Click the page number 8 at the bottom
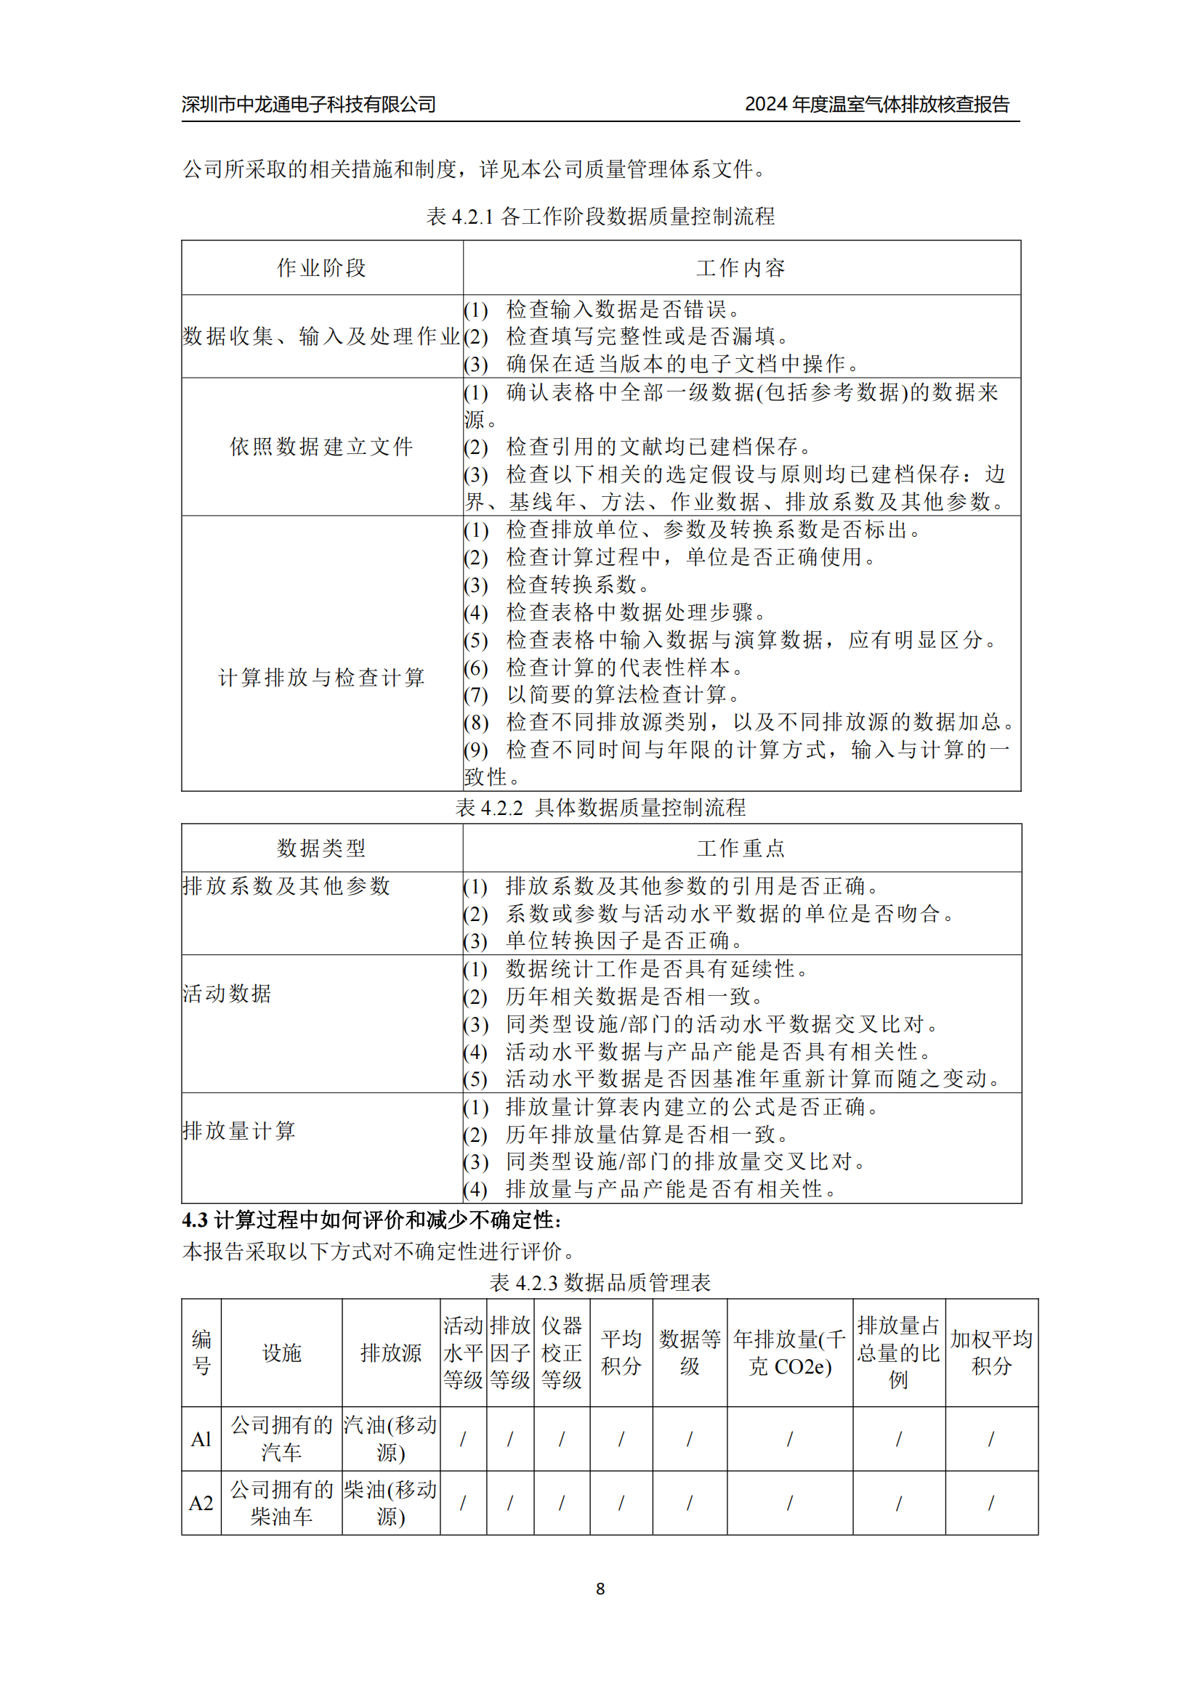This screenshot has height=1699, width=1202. [x=600, y=1589]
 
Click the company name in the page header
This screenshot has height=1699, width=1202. [x=309, y=105]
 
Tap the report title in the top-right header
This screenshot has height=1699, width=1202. [x=877, y=105]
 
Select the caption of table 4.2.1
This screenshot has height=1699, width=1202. [x=600, y=216]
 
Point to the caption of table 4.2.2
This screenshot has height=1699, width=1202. [x=600, y=807]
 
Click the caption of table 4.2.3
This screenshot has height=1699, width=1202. [x=600, y=1282]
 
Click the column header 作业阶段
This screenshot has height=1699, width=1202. [x=321, y=268]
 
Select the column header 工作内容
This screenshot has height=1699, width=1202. [x=741, y=268]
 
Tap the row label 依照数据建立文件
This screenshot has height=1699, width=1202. [x=321, y=446]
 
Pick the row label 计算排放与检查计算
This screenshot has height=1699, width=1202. [x=321, y=677]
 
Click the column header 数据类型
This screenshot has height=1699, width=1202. [x=321, y=848]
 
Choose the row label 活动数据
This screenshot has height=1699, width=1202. [x=227, y=993]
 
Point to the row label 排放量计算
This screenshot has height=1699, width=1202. [x=239, y=1131]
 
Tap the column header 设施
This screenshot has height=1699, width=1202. [x=281, y=1353]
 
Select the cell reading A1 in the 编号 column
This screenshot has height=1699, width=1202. [x=201, y=1439]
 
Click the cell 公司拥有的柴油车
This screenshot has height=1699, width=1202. [x=281, y=1503]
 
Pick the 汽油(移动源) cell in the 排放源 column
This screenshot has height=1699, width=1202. [x=391, y=1439]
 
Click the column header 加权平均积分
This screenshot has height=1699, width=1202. [x=991, y=1353]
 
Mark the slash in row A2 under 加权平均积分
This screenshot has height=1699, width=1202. [x=991, y=1503]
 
